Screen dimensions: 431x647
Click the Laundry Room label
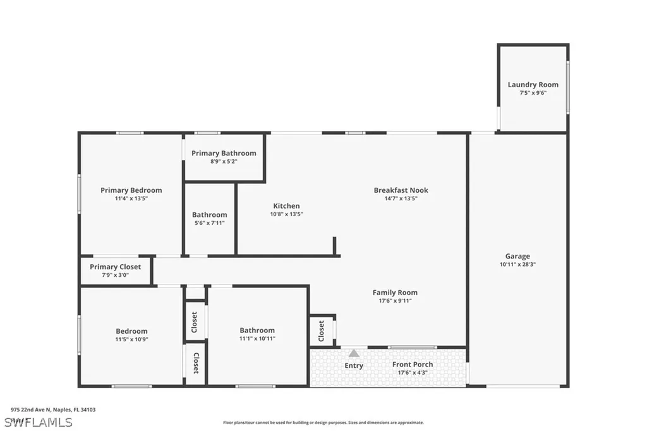533,85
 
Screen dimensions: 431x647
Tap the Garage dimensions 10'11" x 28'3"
517,265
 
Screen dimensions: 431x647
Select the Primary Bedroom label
131,190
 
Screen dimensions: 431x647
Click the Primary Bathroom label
224,153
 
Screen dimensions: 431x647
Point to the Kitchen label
286,206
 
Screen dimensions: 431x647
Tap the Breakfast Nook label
401,190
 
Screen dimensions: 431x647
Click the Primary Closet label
115,267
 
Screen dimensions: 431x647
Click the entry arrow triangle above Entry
354,353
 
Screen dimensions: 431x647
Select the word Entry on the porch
354,365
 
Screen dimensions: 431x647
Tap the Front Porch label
412,365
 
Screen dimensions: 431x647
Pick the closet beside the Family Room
321,329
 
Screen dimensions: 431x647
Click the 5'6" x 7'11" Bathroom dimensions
209,223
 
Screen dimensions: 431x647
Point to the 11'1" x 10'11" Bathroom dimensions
257,339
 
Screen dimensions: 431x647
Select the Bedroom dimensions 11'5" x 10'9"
131,339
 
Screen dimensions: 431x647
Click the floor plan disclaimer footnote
323,423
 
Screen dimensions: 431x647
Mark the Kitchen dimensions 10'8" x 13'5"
286,214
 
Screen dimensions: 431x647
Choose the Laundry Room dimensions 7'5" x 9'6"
533,93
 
